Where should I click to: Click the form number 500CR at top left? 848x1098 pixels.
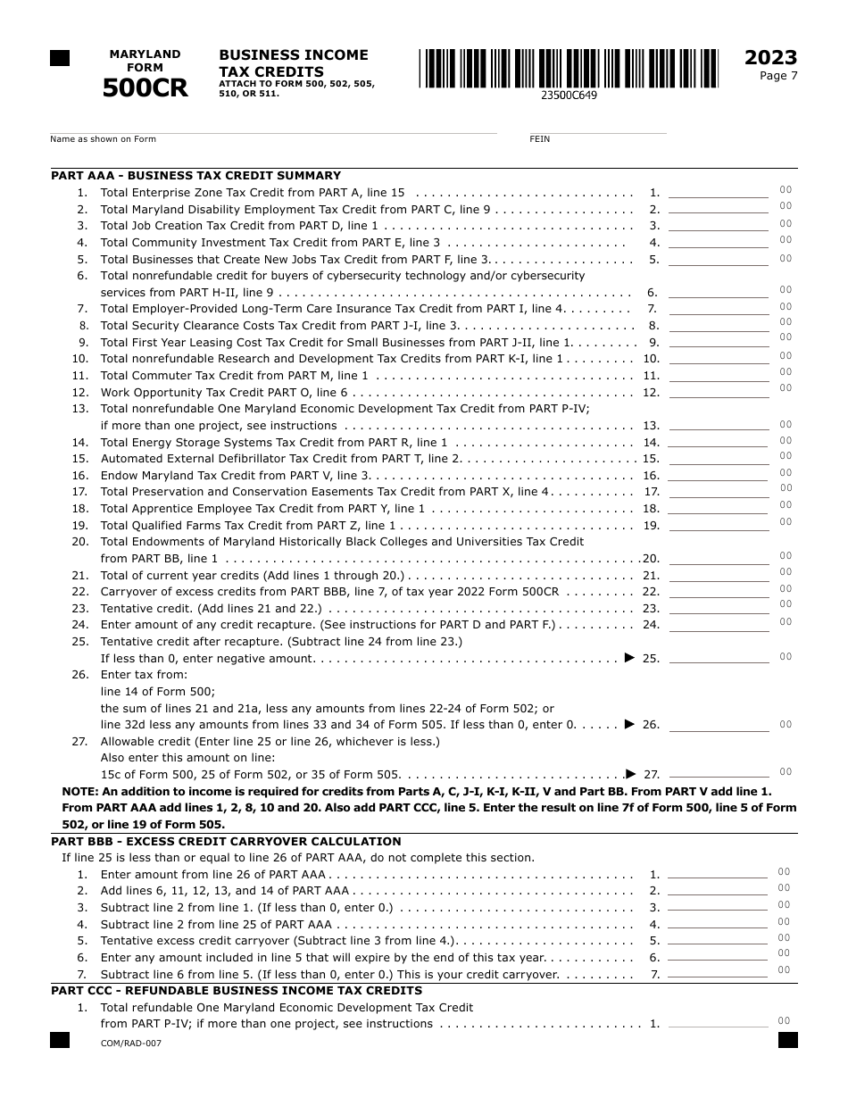(145, 88)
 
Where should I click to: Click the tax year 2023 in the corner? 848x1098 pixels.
(770, 58)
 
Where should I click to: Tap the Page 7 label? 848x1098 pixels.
(778, 76)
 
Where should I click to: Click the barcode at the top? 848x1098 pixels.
(569, 69)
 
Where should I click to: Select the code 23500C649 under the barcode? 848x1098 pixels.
(569, 96)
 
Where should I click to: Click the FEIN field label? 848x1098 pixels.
(539, 139)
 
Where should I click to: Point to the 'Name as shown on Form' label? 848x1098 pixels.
(103, 139)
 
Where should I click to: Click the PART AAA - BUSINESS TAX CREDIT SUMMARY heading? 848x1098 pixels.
(195, 176)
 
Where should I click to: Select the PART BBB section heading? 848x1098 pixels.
(226, 841)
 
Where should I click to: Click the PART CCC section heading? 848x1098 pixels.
(237, 990)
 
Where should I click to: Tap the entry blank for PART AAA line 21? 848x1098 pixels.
(718, 576)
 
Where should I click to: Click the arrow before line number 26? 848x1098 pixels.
(629, 724)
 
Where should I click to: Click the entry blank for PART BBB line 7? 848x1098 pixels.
(717, 974)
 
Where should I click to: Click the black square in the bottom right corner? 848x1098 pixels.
(787, 1040)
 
